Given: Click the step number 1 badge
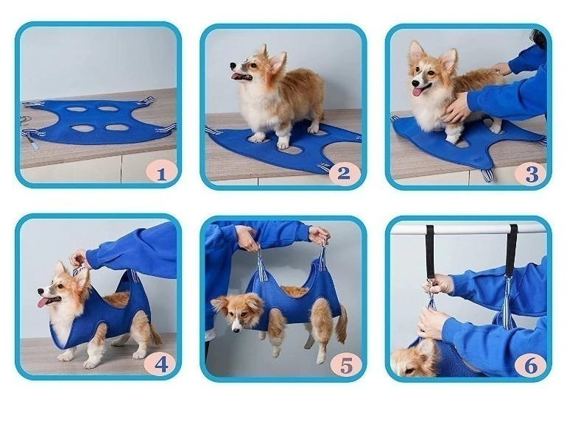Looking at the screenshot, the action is tap(161, 172).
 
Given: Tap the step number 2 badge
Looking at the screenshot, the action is tap(345, 172).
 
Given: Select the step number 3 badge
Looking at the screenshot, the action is tap(530, 174).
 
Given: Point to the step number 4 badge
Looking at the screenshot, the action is tap(161, 363).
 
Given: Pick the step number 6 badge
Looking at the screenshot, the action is tap(530, 364).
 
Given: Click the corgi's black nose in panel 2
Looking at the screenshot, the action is tap(233, 66).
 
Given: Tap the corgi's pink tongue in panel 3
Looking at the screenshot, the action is tap(417, 91).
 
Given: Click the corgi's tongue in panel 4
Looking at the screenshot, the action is tap(43, 302).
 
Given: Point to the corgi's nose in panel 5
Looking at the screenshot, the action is tap(235, 328).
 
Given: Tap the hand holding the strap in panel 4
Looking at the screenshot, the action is tap(80, 259).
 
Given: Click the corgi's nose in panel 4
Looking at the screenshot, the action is tap(40, 291).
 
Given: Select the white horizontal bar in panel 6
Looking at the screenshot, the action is tap(468, 229).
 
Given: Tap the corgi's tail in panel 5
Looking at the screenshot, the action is tap(342, 324).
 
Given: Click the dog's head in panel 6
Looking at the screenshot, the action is tap(412, 360).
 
